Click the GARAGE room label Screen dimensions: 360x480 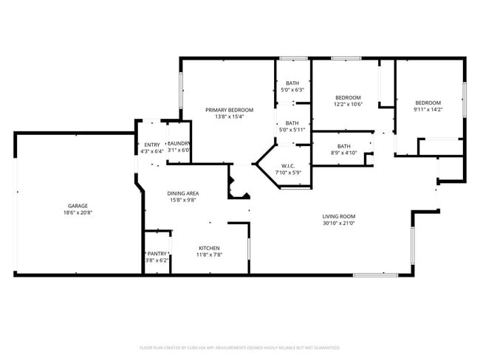pyautogui.click(x=79, y=206)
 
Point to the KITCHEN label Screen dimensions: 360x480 pyautogui.click(x=209, y=248)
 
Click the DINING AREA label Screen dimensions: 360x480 pyautogui.click(x=183, y=193)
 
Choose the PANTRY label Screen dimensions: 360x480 pyautogui.click(x=157, y=253)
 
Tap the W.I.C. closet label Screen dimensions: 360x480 pyautogui.click(x=288, y=166)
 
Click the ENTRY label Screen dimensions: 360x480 pyautogui.click(x=152, y=145)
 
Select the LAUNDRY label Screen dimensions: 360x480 pyautogui.click(x=179, y=144)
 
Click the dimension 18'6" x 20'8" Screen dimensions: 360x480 pyautogui.click(x=79, y=212)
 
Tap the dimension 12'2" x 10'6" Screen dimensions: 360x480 pyautogui.click(x=348, y=104)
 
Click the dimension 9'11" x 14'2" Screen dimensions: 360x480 pyautogui.click(x=428, y=109)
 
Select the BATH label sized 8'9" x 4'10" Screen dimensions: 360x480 pyautogui.click(x=343, y=146)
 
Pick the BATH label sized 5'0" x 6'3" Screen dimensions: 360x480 pyautogui.click(x=292, y=83)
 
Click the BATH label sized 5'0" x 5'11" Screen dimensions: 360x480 pyautogui.click(x=292, y=123)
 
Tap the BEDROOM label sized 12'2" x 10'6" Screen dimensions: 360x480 pyautogui.click(x=348, y=97)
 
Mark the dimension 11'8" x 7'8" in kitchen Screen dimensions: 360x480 pyautogui.click(x=209, y=255)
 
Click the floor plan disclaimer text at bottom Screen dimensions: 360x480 pyautogui.click(x=240, y=347)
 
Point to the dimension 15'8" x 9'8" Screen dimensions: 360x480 pyautogui.click(x=183, y=200)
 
